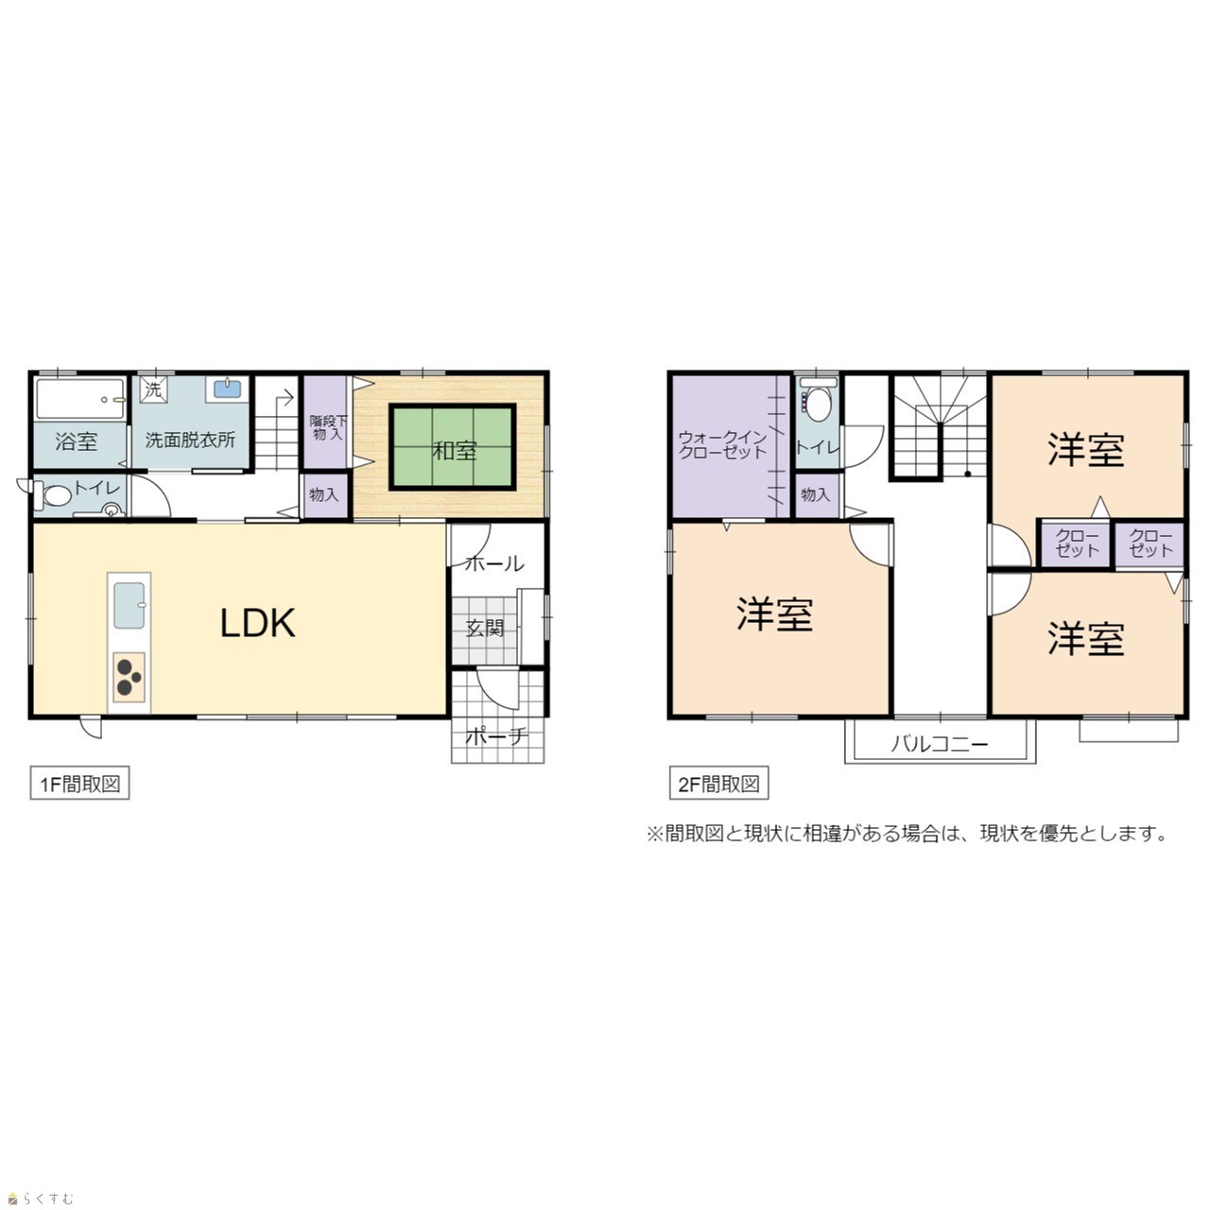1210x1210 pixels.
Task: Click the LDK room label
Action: click(x=257, y=623)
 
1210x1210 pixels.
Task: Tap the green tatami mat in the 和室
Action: click(x=453, y=446)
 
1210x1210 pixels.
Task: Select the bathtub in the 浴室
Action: click(x=79, y=399)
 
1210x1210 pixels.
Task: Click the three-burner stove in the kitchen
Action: click(x=129, y=678)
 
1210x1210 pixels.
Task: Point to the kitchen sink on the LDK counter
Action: click(x=130, y=605)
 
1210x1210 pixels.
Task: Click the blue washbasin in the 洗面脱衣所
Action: click(x=227, y=389)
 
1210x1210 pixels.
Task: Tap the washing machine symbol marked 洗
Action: click(x=153, y=389)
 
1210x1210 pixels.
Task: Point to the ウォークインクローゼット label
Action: click(x=723, y=444)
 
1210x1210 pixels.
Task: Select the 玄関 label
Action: click(x=485, y=628)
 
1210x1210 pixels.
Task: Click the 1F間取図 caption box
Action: click(x=79, y=784)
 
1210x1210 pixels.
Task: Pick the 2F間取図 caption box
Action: click(x=718, y=784)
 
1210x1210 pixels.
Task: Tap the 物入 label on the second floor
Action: click(x=816, y=494)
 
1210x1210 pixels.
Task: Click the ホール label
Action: click(x=494, y=563)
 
